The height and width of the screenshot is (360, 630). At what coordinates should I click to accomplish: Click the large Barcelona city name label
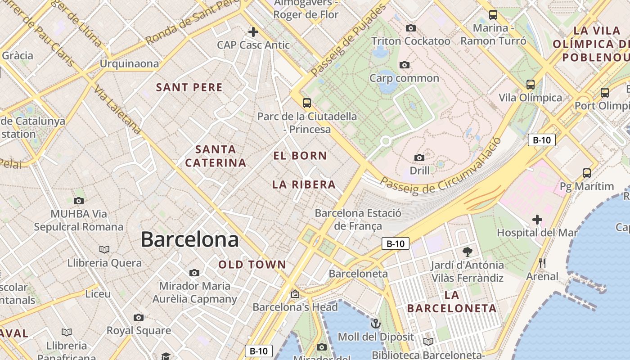189,239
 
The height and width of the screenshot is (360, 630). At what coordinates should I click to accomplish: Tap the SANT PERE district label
189,87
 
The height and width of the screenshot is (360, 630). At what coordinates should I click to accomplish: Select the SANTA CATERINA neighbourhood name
216,156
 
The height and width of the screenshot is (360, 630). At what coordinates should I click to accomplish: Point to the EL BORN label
300,156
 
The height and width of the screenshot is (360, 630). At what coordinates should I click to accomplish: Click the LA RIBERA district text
304,184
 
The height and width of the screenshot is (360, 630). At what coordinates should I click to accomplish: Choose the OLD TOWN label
252,265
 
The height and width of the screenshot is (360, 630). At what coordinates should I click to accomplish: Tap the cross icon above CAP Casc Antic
253,31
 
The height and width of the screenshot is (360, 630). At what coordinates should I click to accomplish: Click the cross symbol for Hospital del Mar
537,220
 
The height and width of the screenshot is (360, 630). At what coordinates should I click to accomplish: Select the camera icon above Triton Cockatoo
410,28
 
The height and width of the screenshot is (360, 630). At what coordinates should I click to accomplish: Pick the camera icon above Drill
419,157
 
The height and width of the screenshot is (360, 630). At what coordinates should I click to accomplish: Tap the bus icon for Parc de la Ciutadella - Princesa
307,103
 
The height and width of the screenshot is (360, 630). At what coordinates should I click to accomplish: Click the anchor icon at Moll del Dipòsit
375,324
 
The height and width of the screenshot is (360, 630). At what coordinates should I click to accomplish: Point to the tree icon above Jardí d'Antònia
467,252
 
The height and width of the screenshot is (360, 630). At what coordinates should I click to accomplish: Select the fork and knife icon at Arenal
542,263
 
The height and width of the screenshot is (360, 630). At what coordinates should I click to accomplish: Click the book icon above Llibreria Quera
104,249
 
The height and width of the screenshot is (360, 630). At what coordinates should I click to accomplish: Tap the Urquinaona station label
129,63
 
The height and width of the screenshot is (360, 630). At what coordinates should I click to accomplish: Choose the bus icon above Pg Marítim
586,173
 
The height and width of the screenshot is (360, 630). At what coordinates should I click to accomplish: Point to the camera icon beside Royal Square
139,317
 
